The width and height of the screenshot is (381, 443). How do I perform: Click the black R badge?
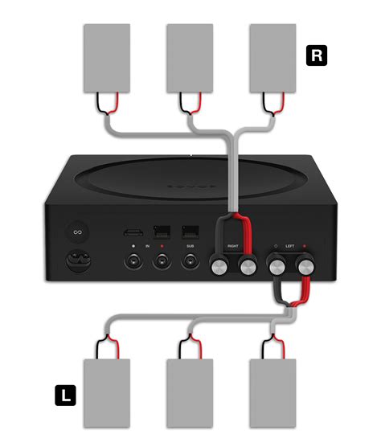coord(317,55)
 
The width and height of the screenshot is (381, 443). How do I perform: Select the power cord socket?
coord(78,261)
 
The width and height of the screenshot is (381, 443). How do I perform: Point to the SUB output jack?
coord(190,261)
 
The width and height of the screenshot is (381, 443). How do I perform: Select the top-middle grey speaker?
coord(190,58)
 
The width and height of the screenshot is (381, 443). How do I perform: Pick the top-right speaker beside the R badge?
coord(273,58)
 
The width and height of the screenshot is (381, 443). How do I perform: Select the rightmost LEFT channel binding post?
coord(307,266)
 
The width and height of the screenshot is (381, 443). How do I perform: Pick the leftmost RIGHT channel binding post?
coord(218,266)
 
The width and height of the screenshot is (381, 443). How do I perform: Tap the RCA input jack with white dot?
coord(133,261)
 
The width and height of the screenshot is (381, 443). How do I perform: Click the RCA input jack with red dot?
coord(162,261)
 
